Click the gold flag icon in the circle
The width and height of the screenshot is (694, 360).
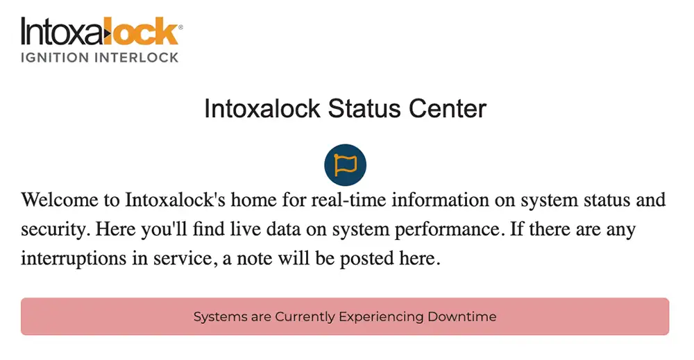(x=345, y=165)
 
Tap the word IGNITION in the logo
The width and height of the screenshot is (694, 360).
(x=54, y=57)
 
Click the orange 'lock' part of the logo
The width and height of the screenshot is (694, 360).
(x=148, y=31)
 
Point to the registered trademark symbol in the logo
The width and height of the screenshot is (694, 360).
(x=181, y=27)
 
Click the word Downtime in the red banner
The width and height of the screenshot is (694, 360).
(x=462, y=317)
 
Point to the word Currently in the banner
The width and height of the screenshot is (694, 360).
(x=305, y=317)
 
